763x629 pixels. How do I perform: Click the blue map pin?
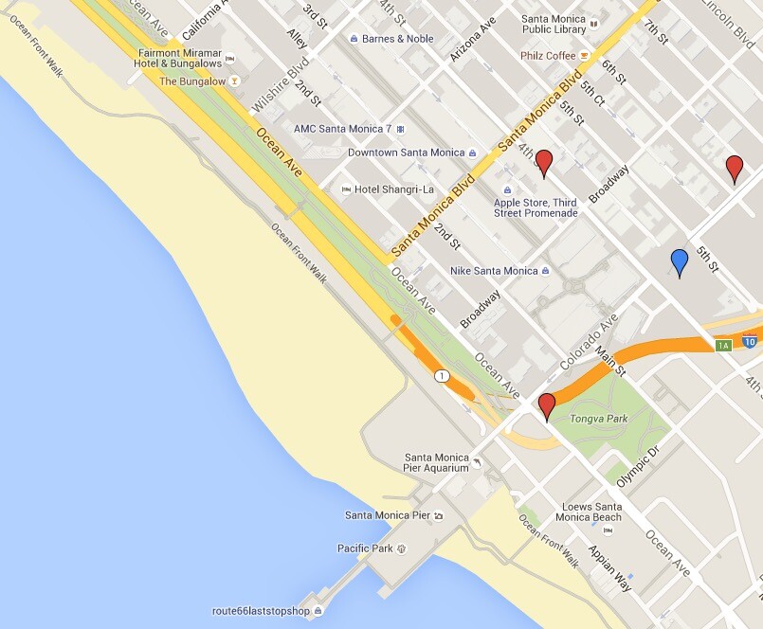pyautogui.click(x=679, y=261)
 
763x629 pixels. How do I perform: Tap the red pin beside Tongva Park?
pyautogui.click(x=546, y=405)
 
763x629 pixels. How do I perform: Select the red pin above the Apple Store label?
pyautogui.click(x=544, y=162)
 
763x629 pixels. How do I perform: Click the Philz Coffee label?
pyautogui.click(x=548, y=56)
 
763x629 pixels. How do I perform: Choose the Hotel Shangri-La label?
pyautogui.click(x=387, y=189)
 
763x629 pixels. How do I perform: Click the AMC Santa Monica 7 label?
pyautogui.click(x=342, y=129)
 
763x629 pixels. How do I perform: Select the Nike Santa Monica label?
pyautogui.click(x=494, y=271)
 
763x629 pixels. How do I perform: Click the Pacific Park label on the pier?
pyautogui.click(x=365, y=548)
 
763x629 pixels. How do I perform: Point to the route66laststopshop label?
pyautogui.click(x=262, y=611)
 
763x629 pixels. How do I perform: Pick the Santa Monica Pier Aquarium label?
pyautogui.click(x=436, y=462)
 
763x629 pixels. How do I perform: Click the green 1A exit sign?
pyautogui.click(x=723, y=345)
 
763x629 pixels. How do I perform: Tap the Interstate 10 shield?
pyautogui.click(x=749, y=342)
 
